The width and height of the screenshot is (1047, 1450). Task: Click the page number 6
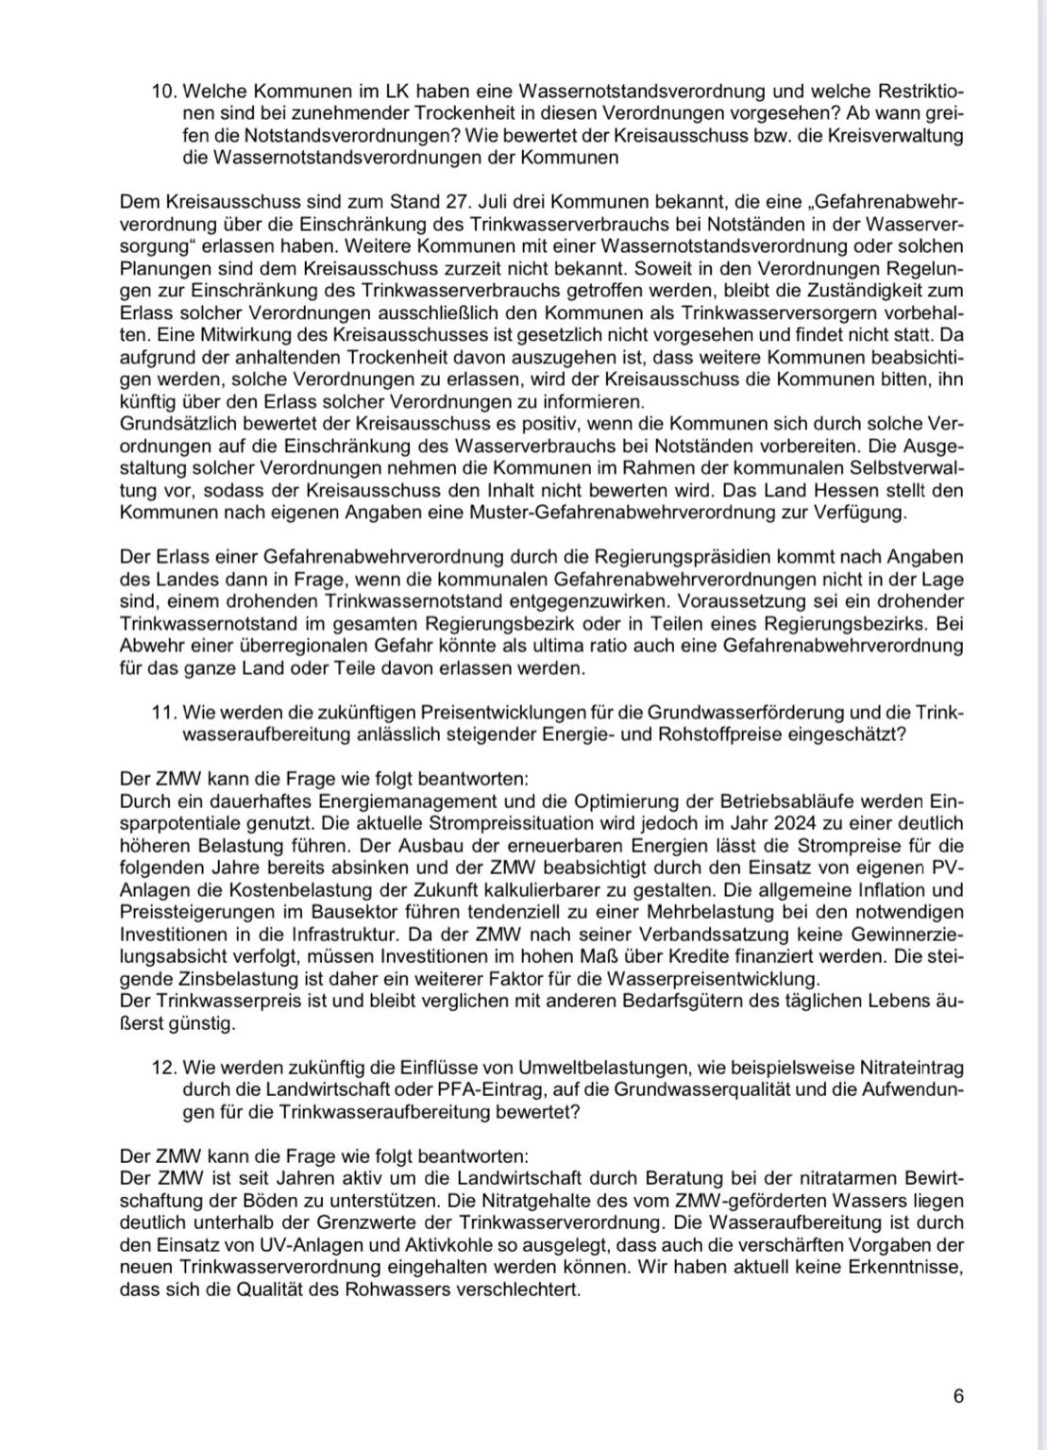pyautogui.click(x=958, y=1396)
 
